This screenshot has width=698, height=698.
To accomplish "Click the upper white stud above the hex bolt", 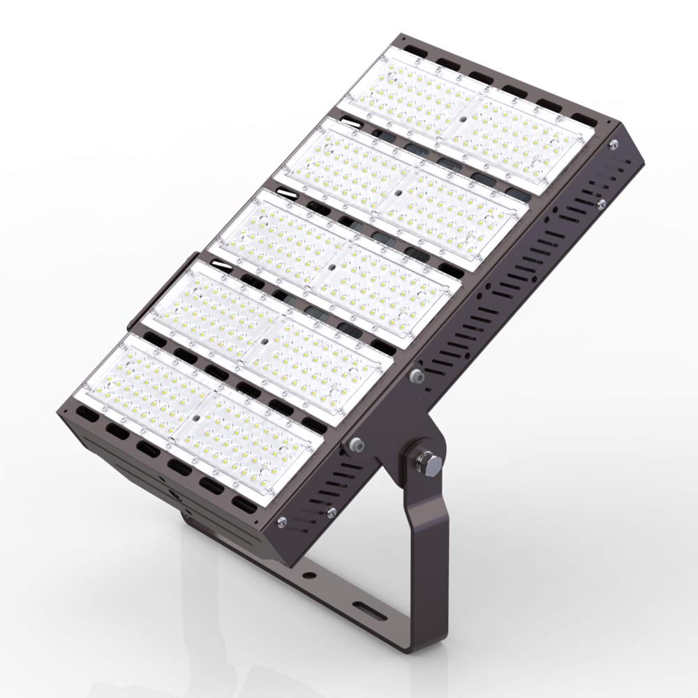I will (x=418, y=377).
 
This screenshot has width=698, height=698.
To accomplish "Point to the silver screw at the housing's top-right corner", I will (x=612, y=144).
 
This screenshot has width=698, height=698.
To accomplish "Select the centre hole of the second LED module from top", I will (x=396, y=191).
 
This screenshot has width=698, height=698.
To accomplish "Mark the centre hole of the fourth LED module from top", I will (x=263, y=341).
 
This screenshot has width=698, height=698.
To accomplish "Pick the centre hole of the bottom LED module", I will (x=197, y=416).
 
